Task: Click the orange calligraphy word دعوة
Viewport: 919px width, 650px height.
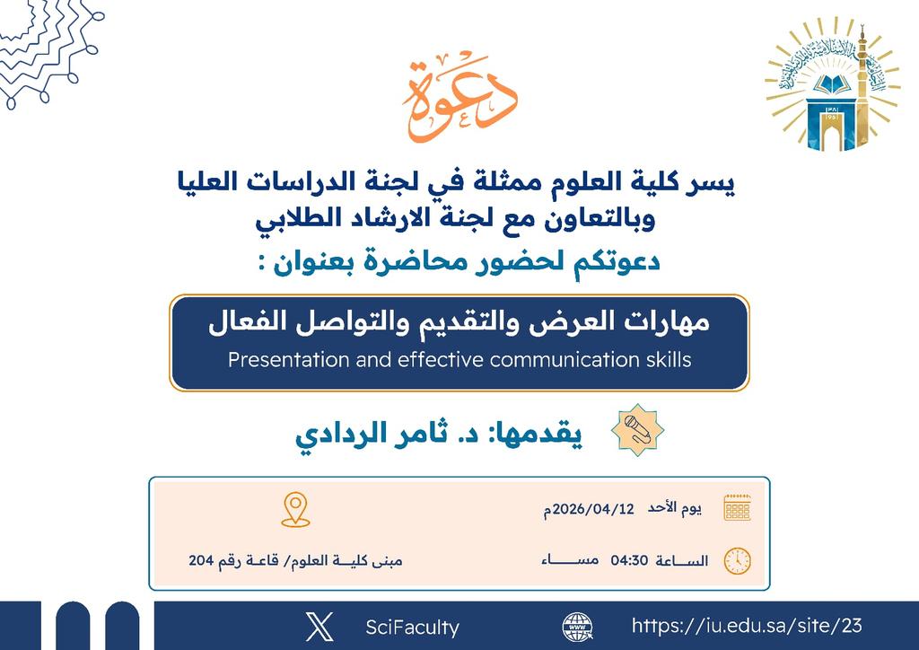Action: pyautogui.click(x=459, y=100)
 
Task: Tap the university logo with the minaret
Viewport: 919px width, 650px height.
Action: pyautogui.click(x=832, y=89)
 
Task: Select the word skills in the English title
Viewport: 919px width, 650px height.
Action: pyautogui.click(x=665, y=360)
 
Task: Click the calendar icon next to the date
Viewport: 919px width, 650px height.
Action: pyautogui.click(x=737, y=508)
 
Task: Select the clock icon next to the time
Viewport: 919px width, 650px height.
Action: pyautogui.click(x=737, y=560)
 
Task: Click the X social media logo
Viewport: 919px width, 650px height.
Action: pyautogui.click(x=319, y=627)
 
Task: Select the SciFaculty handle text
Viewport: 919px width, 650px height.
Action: pyautogui.click(x=412, y=628)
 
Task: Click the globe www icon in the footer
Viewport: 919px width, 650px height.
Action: pyautogui.click(x=577, y=627)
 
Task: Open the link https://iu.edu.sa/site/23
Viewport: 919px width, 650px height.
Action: pyautogui.click(x=747, y=626)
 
